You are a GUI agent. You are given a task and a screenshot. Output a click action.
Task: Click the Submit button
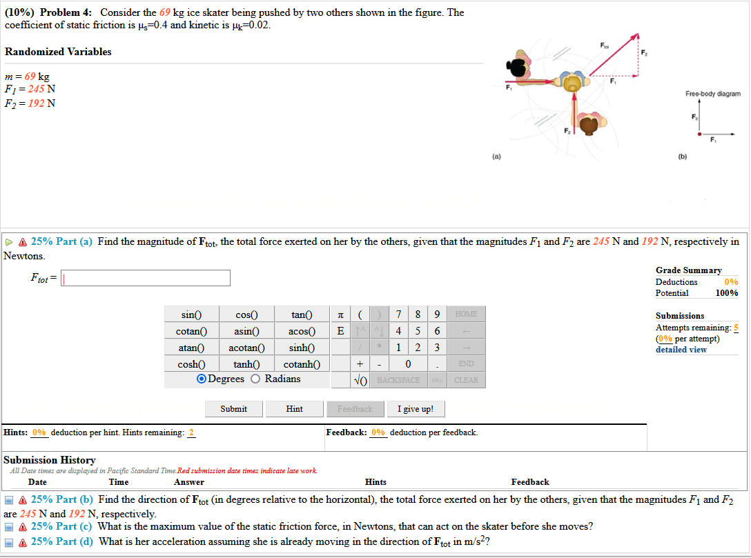click(233, 409)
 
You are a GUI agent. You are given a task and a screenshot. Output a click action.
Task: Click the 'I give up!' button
click(416, 409)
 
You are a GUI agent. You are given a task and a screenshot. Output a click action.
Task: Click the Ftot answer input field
click(146, 278)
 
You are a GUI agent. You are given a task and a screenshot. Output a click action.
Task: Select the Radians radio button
click(256, 379)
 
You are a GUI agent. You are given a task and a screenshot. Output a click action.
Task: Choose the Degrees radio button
click(202, 379)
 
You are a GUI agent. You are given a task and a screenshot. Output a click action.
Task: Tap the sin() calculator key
click(191, 315)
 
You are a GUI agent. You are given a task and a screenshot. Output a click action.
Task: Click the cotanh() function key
click(302, 363)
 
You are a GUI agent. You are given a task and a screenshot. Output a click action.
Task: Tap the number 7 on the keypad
click(400, 315)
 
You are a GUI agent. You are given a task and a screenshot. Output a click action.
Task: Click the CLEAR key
click(466, 380)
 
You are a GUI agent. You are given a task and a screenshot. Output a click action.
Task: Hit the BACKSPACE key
click(399, 380)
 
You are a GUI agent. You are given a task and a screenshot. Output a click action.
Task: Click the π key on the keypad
click(340, 315)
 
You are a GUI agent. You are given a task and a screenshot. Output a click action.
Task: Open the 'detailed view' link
click(681, 349)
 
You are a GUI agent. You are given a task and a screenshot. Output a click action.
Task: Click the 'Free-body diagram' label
click(712, 94)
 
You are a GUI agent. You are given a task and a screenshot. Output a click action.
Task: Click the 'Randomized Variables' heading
click(58, 52)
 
